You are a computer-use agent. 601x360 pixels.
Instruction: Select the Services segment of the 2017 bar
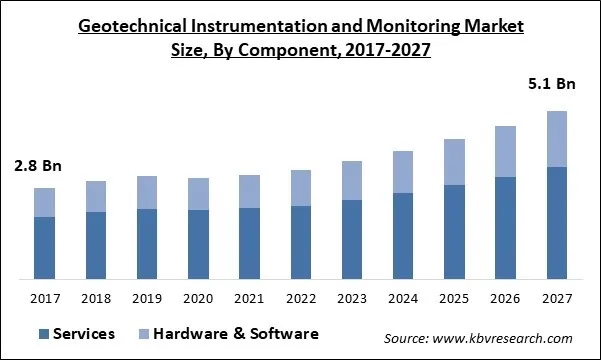[44, 247]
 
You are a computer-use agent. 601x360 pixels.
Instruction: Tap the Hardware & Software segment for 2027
[555, 139]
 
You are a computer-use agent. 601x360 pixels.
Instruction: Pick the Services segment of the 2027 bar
[555, 222]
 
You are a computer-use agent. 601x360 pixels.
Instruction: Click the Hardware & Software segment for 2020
[198, 194]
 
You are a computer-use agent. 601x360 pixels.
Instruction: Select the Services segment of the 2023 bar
[351, 239]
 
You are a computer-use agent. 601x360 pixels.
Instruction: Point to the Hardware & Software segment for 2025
[453, 162]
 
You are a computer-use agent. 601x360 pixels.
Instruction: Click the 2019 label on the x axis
[147, 298]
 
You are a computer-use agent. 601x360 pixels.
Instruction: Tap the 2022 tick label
[300, 298]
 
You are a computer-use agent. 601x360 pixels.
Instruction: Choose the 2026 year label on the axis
[504, 298]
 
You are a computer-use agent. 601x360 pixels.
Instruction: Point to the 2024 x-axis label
[402, 298]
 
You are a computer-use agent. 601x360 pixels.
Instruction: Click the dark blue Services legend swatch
[44, 334]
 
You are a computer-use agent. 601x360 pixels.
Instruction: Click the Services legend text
[84, 334]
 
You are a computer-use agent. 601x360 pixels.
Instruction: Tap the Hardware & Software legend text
[233, 334]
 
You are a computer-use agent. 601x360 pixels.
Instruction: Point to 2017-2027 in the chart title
[379, 50]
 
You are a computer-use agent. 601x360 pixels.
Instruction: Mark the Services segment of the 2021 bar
[249, 243]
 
